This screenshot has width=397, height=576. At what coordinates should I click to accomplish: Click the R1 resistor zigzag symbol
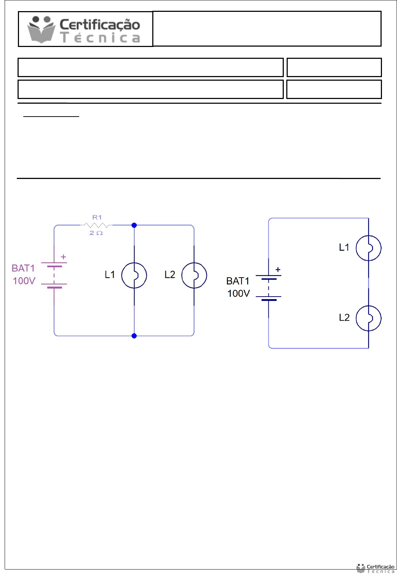[x=97, y=225]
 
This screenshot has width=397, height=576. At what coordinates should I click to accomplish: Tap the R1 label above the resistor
[x=97, y=217]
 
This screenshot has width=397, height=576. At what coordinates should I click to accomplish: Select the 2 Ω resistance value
[x=96, y=233]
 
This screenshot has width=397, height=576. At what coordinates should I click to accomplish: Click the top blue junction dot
[x=134, y=225]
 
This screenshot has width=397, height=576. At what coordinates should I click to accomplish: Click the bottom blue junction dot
[x=134, y=336]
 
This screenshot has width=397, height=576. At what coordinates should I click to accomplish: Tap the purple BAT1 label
[x=23, y=268]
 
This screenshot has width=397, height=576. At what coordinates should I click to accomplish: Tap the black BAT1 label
[x=238, y=281]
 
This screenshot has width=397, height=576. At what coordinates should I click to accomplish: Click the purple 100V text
[x=24, y=281]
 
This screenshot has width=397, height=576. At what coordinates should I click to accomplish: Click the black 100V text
[x=239, y=293]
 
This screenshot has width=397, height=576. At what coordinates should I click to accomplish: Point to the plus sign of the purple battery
[x=63, y=257]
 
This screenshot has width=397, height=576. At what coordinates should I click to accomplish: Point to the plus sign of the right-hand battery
[x=278, y=269]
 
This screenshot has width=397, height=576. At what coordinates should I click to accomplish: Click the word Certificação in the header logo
[x=100, y=24]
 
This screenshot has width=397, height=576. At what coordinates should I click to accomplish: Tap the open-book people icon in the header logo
[x=41, y=29]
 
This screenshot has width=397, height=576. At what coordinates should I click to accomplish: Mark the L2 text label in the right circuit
[x=344, y=317]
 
